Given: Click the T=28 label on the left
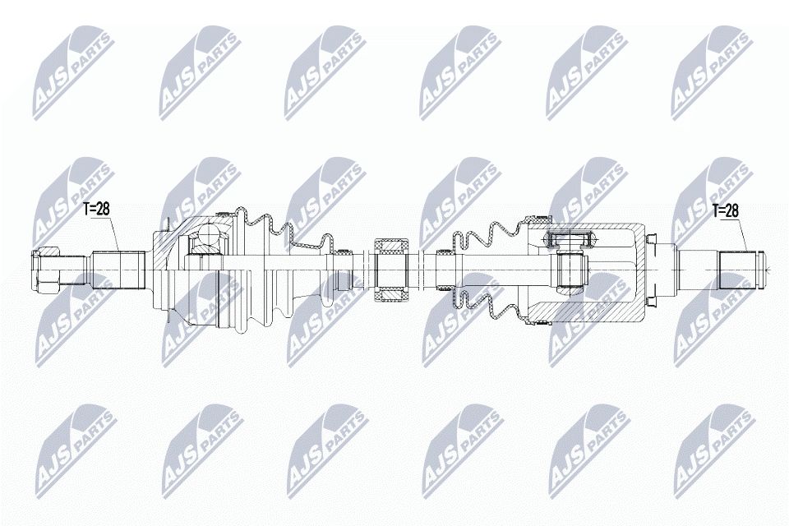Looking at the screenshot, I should click(97, 209).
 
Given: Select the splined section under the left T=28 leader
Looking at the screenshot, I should click(118, 268).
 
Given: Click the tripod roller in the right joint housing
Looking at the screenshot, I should click(568, 240).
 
